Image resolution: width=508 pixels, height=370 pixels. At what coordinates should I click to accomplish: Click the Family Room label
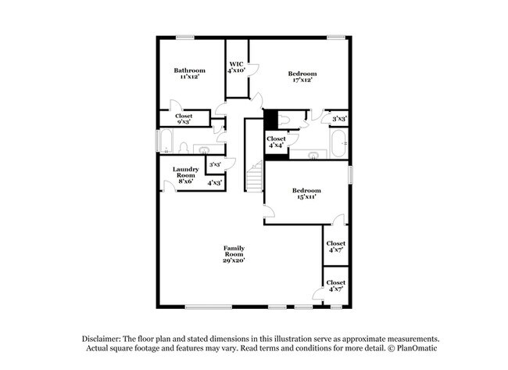tap(234, 250)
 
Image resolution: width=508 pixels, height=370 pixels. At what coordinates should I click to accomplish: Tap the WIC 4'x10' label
tap(236, 67)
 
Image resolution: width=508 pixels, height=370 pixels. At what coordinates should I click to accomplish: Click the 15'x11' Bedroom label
tap(306, 194)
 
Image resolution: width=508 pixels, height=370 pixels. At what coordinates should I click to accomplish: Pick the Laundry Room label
tap(185, 172)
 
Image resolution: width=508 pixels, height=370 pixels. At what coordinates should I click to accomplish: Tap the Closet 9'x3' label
tap(184, 119)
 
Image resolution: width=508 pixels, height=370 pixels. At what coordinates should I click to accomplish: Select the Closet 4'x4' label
tap(276, 142)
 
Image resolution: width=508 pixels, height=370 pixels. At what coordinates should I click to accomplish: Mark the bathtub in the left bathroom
tap(166, 142)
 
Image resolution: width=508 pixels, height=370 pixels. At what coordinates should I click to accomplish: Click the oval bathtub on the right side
tap(339, 144)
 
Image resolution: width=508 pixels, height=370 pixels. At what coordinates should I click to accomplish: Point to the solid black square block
tap(270, 120)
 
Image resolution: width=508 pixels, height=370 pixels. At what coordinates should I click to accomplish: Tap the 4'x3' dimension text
tap(214, 182)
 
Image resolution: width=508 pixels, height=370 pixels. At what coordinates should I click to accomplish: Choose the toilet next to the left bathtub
tap(182, 146)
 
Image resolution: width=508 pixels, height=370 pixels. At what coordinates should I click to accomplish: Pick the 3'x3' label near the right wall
tap(339, 119)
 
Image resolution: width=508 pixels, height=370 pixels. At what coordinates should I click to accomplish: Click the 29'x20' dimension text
tap(234, 260)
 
